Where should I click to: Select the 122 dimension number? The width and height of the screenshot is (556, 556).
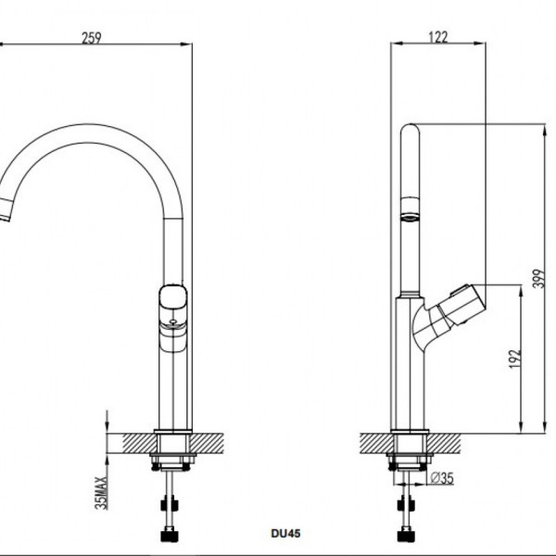pos(439,37)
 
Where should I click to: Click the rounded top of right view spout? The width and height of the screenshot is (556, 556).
pos(410,132)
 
